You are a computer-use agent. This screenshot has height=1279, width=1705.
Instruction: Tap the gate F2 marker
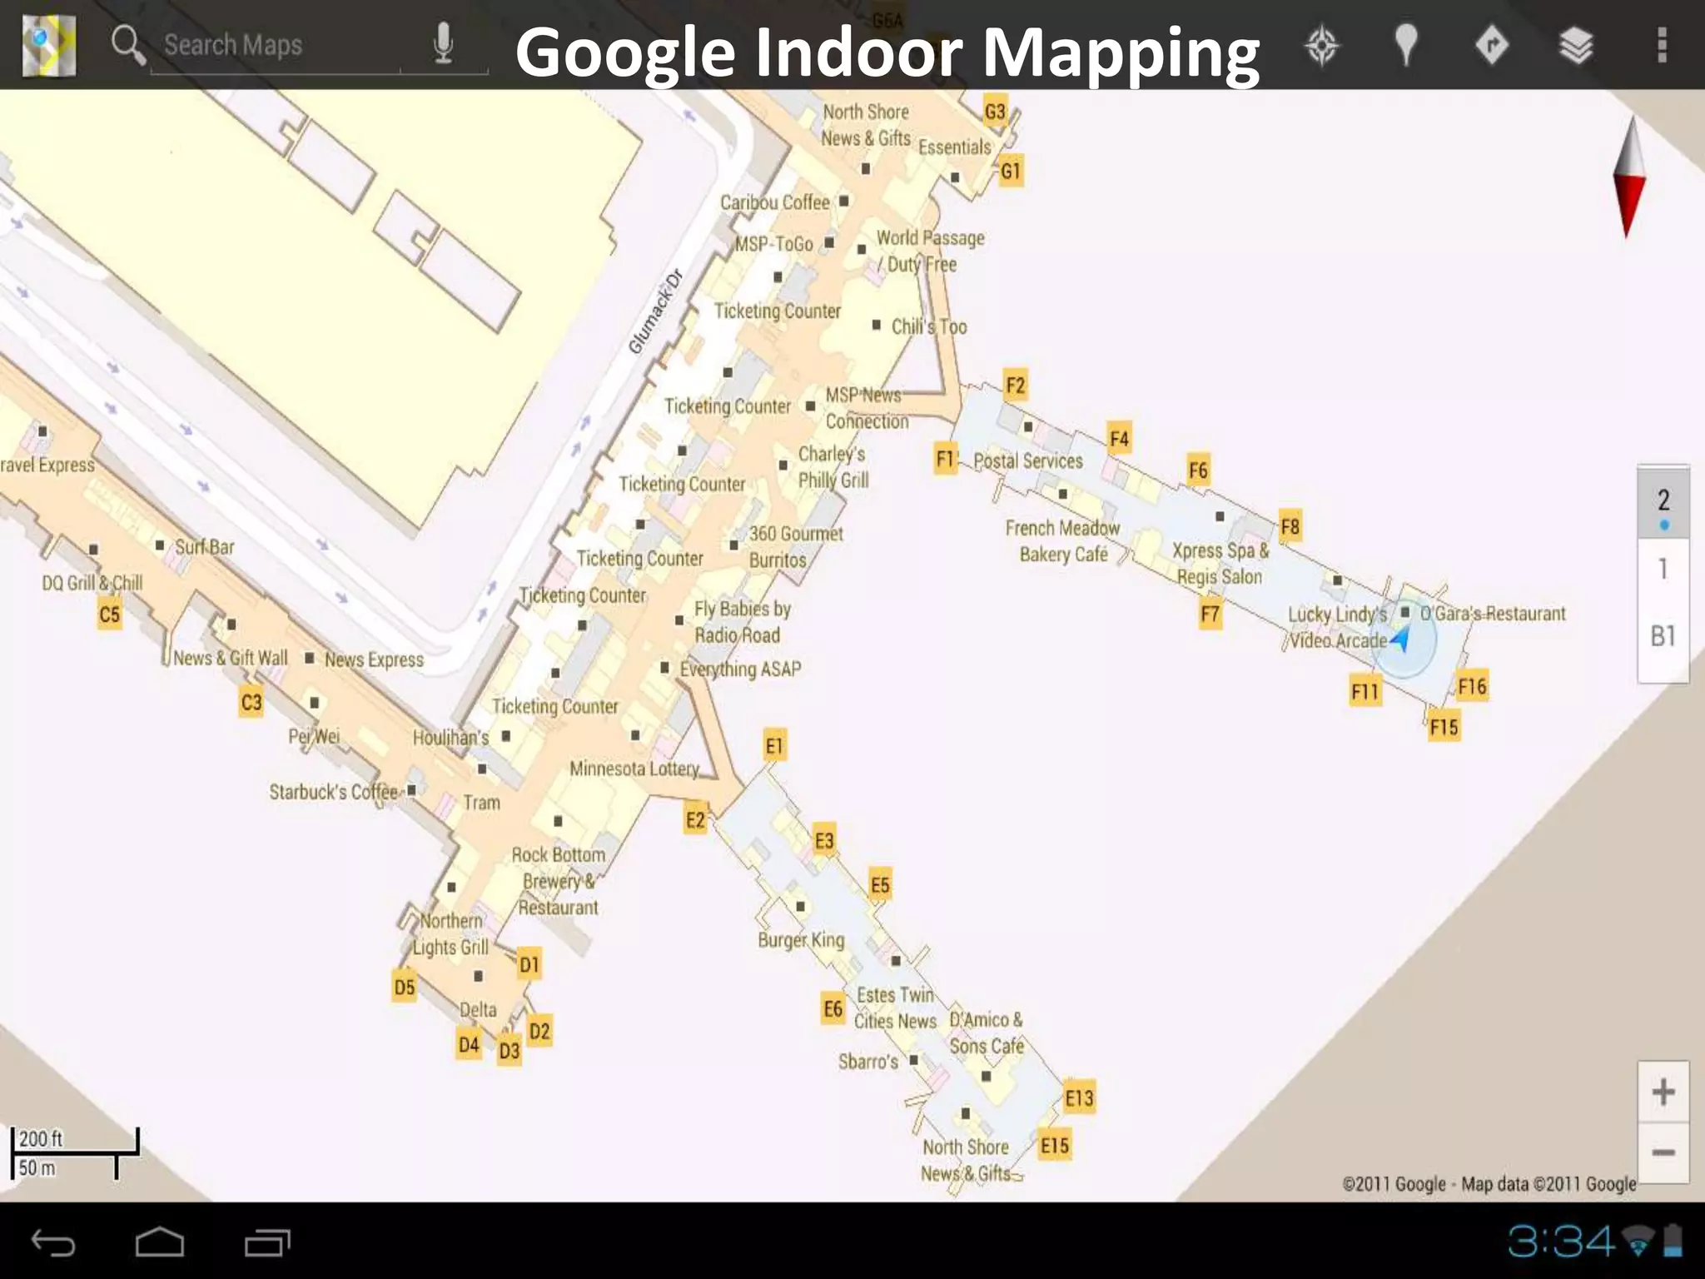(x=1015, y=386)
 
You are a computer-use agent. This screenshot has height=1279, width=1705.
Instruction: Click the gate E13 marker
(x=1079, y=1098)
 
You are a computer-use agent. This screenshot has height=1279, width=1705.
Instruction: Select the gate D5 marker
(x=405, y=988)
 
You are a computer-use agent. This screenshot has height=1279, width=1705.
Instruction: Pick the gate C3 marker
(x=251, y=703)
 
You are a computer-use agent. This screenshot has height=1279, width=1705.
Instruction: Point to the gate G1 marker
(x=1010, y=172)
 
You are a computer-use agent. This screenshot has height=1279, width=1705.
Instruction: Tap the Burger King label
(x=801, y=940)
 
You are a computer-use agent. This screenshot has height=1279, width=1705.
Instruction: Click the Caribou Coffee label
(x=774, y=202)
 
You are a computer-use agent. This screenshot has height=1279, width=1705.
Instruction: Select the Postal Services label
(x=1028, y=460)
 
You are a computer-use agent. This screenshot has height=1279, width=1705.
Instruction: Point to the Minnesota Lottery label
(x=634, y=769)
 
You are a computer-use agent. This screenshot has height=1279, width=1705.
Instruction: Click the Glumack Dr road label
(x=655, y=311)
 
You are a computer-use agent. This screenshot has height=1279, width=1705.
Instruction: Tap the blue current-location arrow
(x=1401, y=639)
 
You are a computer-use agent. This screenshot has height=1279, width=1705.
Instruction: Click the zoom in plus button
(x=1663, y=1092)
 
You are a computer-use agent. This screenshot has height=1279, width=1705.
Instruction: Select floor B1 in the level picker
(x=1663, y=636)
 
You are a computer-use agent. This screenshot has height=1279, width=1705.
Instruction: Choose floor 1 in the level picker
(x=1663, y=570)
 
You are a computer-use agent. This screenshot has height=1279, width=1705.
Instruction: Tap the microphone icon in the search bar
(x=444, y=43)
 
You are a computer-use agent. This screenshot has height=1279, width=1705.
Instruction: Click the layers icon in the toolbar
(x=1576, y=45)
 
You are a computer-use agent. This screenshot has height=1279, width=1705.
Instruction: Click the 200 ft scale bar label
(x=41, y=1138)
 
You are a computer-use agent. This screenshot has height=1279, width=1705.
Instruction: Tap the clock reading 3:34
(x=1561, y=1242)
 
